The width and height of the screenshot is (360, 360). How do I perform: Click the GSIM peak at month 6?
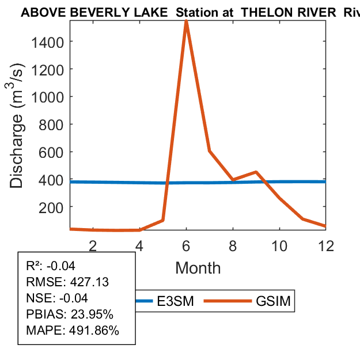pyautogui.click(x=186, y=21)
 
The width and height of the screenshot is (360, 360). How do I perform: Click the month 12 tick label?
pyautogui.click(x=325, y=245)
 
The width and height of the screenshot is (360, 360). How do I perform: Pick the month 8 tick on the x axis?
pyautogui.click(x=233, y=245)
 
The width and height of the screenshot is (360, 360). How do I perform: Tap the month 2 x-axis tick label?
pyautogui.click(x=93, y=245)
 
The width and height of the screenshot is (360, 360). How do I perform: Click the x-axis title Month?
pyautogui.click(x=198, y=268)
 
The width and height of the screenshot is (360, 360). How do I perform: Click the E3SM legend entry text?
pyautogui.click(x=175, y=301)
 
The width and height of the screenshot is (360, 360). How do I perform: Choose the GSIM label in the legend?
pyautogui.click(x=272, y=301)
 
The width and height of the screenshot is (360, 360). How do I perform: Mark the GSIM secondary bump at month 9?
pyautogui.click(x=256, y=172)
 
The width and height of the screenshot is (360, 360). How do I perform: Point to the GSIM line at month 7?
pyautogui.click(x=210, y=151)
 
